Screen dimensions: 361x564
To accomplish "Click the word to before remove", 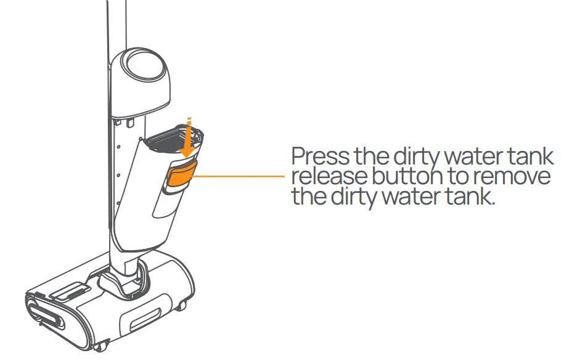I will [x=459, y=177].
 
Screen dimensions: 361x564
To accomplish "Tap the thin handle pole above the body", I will [x=114, y=25].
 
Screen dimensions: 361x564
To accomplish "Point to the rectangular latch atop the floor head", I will [x=67, y=291].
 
